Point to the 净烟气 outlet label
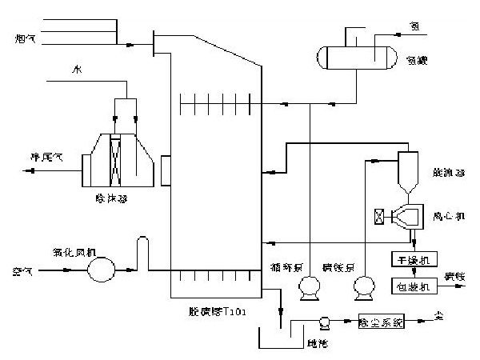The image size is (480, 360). point(45,157)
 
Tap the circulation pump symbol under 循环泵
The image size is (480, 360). point(308,288)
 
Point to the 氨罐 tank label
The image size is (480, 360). point(416,60)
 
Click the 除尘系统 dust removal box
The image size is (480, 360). point(382,322)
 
